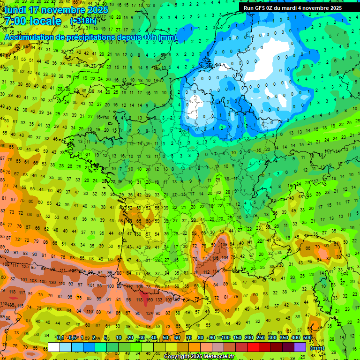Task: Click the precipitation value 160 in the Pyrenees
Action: (150, 300)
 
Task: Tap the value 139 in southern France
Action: (225, 245)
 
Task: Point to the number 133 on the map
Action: (159, 300)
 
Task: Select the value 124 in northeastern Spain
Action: (150, 313)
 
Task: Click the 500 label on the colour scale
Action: (307, 338)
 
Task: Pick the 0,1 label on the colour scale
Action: (60, 338)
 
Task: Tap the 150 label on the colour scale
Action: (237, 338)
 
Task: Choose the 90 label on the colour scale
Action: (212, 338)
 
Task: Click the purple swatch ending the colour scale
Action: (300, 347)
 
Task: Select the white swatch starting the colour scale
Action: (54, 347)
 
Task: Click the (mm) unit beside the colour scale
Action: (317, 348)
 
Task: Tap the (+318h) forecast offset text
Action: (83, 21)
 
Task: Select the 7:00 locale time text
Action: (33, 21)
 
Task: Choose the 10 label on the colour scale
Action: (119, 338)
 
